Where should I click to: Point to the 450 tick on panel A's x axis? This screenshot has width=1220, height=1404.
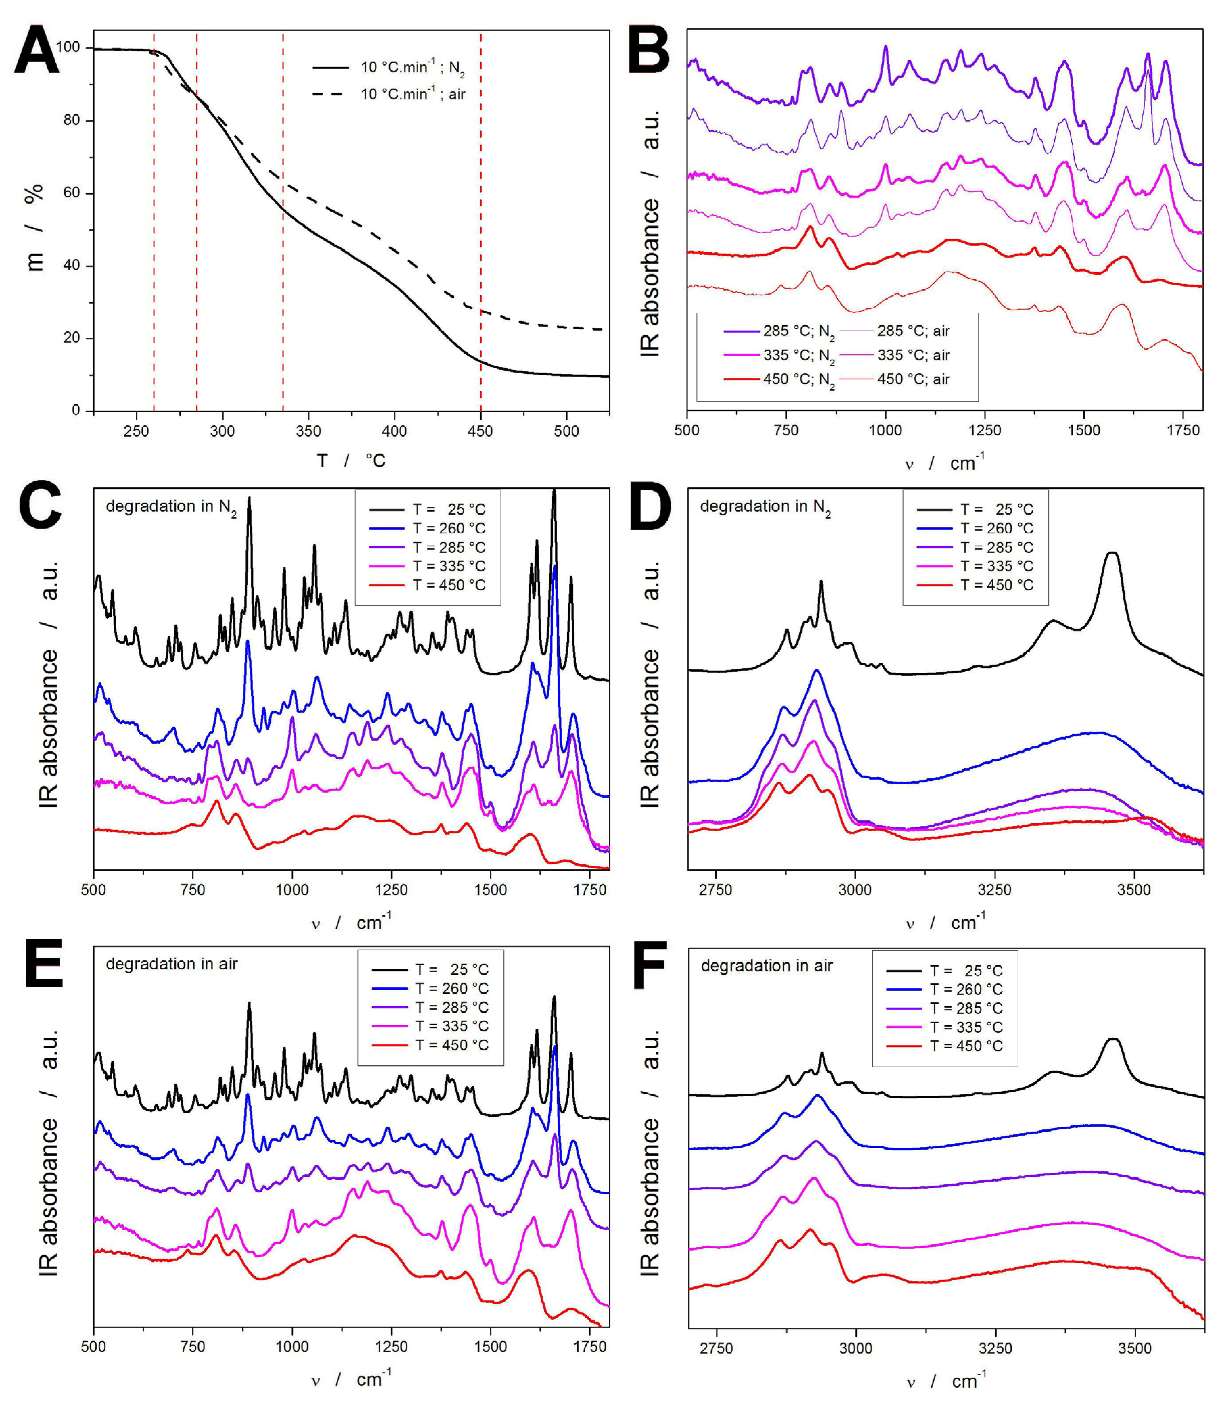click(x=480, y=431)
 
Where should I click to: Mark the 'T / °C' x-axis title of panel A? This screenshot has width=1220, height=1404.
click(x=351, y=461)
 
